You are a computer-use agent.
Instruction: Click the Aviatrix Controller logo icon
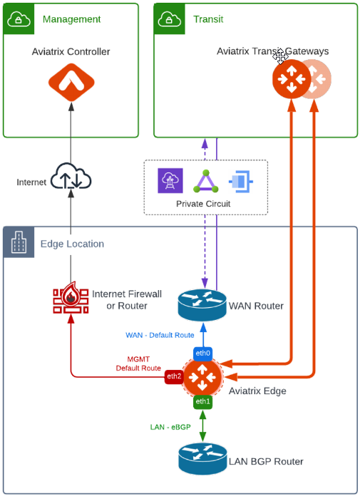point(71,83)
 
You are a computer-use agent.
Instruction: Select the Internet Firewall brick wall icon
point(71,299)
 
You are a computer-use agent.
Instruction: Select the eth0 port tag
point(203,353)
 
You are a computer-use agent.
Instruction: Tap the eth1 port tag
point(203,402)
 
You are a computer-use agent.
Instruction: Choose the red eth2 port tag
point(174,376)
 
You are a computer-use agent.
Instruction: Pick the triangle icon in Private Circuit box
point(205,181)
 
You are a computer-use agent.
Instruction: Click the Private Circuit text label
point(205,204)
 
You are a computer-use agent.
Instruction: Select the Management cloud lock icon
point(19,19)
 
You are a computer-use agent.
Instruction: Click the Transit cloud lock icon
point(170,19)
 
